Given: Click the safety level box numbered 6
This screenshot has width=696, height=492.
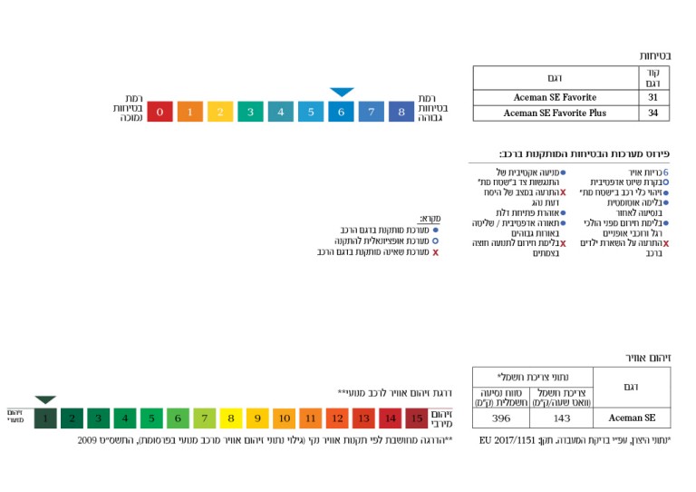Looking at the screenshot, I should (x=341, y=112).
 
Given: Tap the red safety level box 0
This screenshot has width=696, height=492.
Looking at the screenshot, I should (x=159, y=112).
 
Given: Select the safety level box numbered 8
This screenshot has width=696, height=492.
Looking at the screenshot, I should (x=401, y=112).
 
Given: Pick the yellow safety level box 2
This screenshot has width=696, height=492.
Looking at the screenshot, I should (x=220, y=112).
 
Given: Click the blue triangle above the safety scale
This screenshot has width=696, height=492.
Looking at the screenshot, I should (x=342, y=92).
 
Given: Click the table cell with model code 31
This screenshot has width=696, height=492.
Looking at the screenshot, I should (x=652, y=96).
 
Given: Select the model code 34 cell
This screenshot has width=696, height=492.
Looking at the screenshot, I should (x=652, y=113).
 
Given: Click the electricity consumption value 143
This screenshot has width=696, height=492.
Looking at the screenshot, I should (x=561, y=418).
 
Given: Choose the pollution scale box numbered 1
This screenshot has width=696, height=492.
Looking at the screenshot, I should (x=45, y=418).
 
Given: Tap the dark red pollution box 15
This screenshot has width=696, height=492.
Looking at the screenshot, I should (x=416, y=418).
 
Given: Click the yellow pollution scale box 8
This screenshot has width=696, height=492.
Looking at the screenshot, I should (x=231, y=418).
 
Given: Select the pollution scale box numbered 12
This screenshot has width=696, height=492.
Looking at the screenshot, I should (x=337, y=418).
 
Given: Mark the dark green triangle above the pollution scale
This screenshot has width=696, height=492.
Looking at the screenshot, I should (x=45, y=399).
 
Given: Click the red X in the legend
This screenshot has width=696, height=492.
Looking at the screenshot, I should (x=435, y=252).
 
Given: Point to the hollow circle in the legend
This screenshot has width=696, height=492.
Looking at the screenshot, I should (x=435, y=241).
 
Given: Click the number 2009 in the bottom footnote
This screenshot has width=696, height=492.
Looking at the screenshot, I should (x=88, y=440).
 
